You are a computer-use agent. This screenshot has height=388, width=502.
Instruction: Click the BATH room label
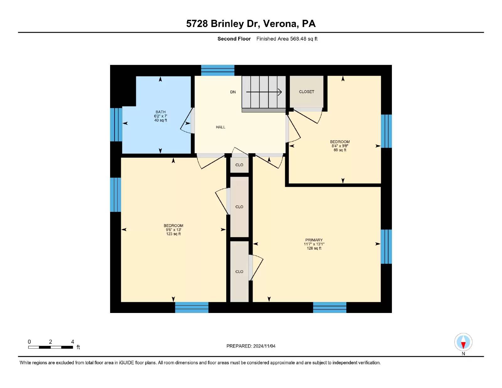click(x=160, y=112)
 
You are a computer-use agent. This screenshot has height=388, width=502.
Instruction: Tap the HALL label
click(x=220, y=127)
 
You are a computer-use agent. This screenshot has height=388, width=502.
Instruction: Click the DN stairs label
click(x=233, y=92)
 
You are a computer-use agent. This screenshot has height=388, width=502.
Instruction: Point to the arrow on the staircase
click(x=264, y=92)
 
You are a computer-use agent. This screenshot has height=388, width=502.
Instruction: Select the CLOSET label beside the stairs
click(x=306, y=92)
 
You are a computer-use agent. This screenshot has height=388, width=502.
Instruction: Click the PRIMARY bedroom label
click(x=314, y=240)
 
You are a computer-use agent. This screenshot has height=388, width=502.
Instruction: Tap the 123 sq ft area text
click(x=173, y=234)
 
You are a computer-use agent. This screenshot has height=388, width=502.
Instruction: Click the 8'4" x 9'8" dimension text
click(x=340, y=146)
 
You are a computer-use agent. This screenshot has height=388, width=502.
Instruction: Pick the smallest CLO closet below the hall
click(x=239, y=165)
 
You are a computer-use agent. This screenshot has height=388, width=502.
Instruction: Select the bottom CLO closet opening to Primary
click(x=239, y=272)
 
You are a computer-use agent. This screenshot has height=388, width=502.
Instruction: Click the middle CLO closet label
click(x=239, y=207)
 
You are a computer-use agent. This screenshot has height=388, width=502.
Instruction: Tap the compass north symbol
click(x=463, y=342)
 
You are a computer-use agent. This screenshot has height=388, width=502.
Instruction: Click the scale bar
click(x=51, y=347)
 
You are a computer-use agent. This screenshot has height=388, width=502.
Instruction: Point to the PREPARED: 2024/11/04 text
click(x=251, y=346)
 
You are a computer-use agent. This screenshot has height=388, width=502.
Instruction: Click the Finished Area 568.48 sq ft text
click(x=287, y=39)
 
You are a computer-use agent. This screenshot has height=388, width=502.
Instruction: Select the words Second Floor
click(x=234, y=39)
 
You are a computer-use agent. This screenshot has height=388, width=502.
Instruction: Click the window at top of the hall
click(x=217, y=70)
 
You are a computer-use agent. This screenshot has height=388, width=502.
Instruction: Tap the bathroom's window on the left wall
click(x=116, y=125)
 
